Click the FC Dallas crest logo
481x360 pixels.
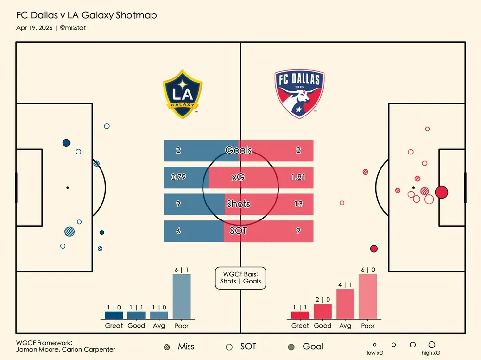point(299,94)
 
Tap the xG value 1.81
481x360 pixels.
point(298,177)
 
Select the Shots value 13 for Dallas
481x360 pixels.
point(298,204)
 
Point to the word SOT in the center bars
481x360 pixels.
point(238,231)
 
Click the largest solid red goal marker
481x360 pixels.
point(442,192)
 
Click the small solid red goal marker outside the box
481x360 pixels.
point(374,249)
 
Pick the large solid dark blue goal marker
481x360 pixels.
point(66,143)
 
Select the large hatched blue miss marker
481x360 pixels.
point(70,232)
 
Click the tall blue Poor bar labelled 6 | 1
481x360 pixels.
point(181,296)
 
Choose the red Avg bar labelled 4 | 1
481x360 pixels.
point(345,304)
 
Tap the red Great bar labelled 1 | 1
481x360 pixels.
point(300,315)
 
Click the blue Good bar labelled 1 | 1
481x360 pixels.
point(137,315)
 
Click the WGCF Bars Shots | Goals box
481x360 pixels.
point(240,278)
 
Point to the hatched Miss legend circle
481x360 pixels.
point(167,347)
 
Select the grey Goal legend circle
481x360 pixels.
point(291,347)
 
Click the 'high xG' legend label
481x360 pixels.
point(431,353)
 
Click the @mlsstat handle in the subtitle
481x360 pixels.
point(73,28)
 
